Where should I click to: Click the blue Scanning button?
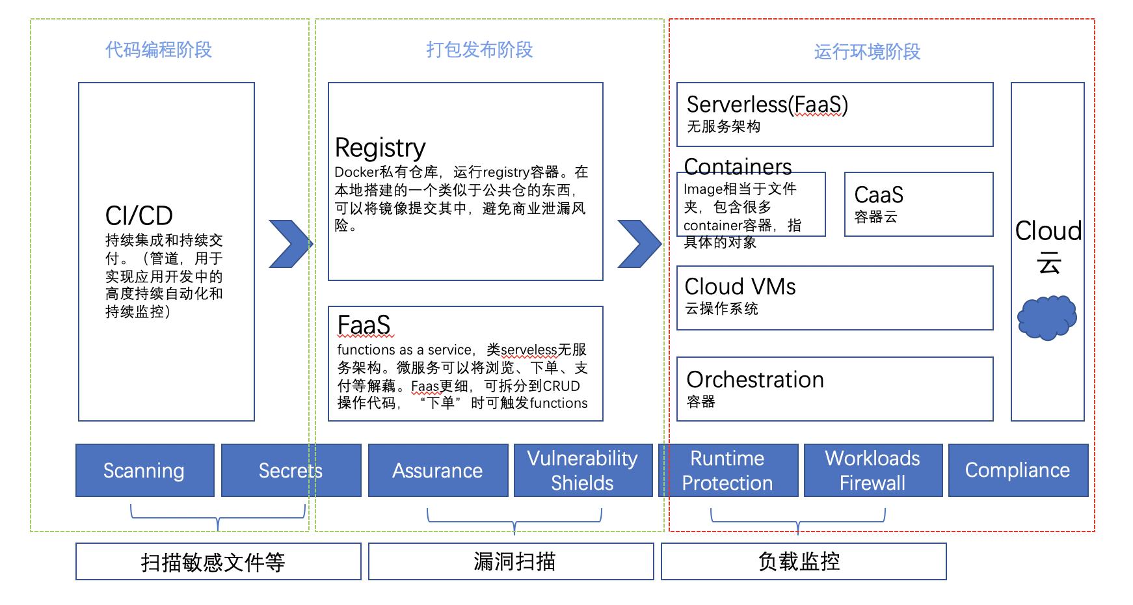(x=145, y=470)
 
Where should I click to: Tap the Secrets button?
(x=291, y=470)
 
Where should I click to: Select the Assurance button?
(x=438, y=470)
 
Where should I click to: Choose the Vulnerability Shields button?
(x=583, y=470)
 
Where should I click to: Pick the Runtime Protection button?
(x=728, y=470)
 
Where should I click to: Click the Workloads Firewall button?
(x=873, y=470)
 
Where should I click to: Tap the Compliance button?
(x=1018, y=470)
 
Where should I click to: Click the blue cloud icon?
(x=1047, y=317)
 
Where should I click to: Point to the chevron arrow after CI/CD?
(x=291, y=244)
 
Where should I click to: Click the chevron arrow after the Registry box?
(x=640, y=244)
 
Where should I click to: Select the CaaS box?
(x=918, y=204)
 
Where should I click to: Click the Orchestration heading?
(x=755, y=379)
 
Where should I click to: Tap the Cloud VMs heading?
(x=740, y=286)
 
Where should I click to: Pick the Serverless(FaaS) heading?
(x=767, y=105)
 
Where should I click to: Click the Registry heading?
(x=380, y=148)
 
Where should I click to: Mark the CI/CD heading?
(x=139, y=215)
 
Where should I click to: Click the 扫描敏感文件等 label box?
(x=219, y=561)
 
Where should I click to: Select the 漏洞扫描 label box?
(x=511, y=561)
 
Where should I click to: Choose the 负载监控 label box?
(x=804, y=561)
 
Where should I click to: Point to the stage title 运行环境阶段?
(x=868, y=51)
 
